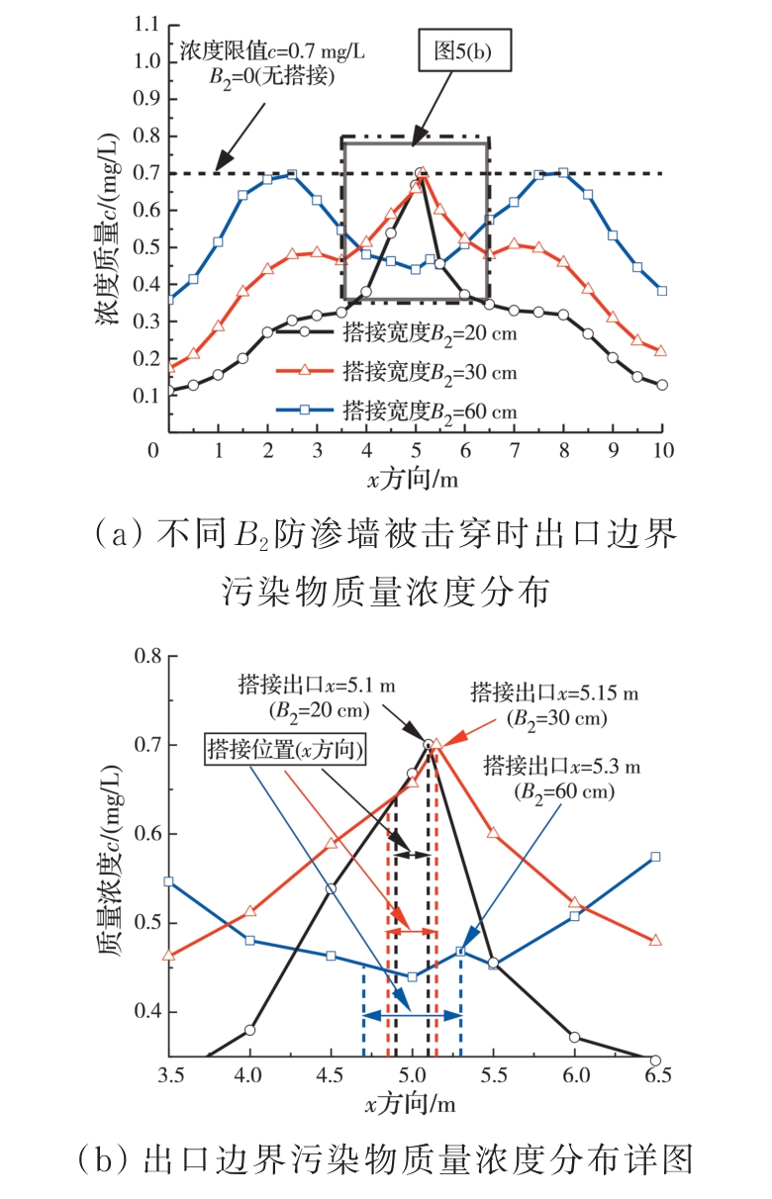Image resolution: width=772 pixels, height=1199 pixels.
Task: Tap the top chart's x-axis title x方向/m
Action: [x=414, y=480]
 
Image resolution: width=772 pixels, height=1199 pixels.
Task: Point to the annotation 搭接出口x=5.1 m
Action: [x=297, y=684]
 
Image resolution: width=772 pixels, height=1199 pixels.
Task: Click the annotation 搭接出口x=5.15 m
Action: [x=554, y=692]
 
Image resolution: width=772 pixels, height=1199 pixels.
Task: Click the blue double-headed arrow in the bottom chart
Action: [x=412, y=1015]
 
